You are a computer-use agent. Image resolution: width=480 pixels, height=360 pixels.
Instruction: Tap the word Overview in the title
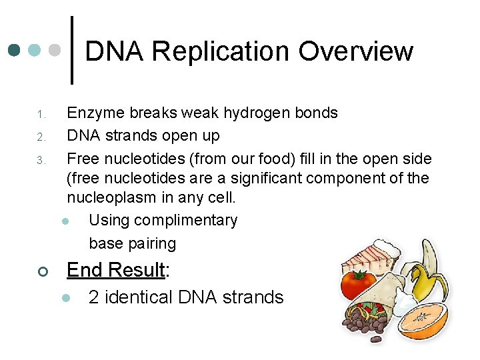356,51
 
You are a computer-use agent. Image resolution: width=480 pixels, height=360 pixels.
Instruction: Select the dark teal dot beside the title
14,51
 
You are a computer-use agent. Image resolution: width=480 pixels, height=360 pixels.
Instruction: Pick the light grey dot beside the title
56,51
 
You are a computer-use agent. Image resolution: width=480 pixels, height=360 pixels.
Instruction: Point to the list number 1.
40,114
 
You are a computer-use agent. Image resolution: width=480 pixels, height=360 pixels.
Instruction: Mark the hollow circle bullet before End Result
41,271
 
